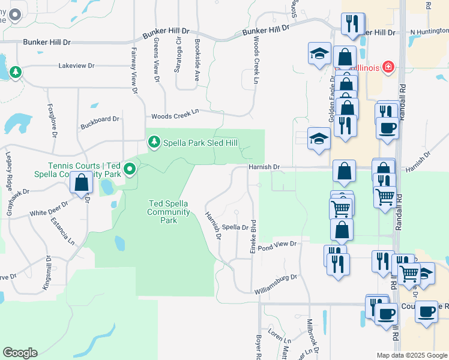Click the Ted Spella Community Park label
(169, 212)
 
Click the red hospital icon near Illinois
(388, 67)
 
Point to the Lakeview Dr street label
(77, 65)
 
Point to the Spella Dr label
(235, 227)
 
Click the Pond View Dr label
(278, 244)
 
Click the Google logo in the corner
(20, 352)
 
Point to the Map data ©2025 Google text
(411, 355)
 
